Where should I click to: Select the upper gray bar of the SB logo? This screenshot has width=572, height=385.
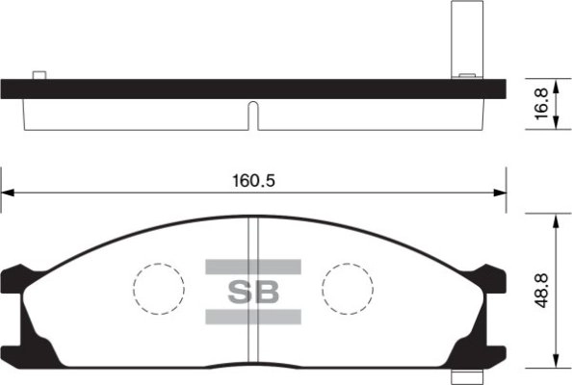point(253,266)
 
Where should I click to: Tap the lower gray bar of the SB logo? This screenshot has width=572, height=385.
point(253,317)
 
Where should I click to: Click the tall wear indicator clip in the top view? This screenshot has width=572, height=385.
point(463,38)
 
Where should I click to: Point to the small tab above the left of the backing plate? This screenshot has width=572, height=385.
point(39,75)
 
